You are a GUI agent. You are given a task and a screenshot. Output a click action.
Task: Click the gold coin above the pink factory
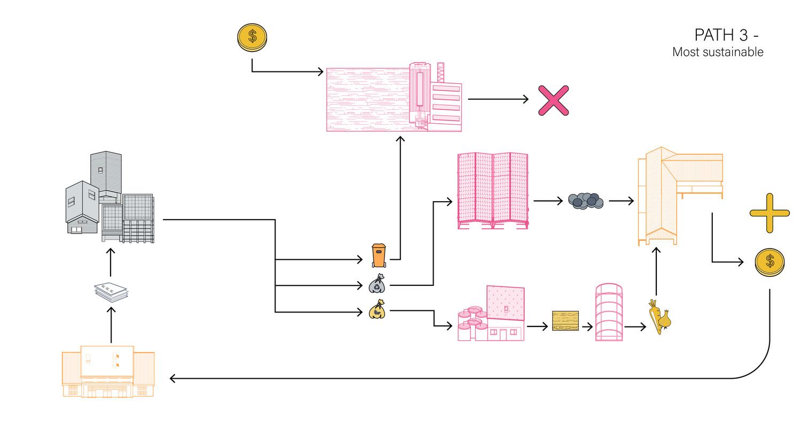(252, 37)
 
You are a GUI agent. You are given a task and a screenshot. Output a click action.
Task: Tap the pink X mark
(553, 100)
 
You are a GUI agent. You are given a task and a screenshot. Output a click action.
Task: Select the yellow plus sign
(769, 213)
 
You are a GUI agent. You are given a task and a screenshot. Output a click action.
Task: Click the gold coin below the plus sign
(769, 262)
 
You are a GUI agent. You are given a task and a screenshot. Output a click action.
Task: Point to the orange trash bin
(379, 255)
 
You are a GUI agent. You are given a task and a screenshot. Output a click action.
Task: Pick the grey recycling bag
(377, 284)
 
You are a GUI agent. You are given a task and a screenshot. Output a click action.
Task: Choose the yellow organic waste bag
(377, 309)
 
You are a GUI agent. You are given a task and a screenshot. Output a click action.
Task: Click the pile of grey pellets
(586, 201)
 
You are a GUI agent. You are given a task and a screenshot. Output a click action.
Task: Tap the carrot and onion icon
(660, 317)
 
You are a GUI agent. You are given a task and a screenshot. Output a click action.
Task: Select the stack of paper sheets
(111, 292)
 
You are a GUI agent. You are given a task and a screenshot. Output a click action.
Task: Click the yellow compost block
(566, 321)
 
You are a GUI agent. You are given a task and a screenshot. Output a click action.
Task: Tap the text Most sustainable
(718, 52)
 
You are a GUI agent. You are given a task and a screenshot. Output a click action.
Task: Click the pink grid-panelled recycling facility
(493, 190)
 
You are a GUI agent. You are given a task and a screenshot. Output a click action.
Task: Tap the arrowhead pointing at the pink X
(526, 99)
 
